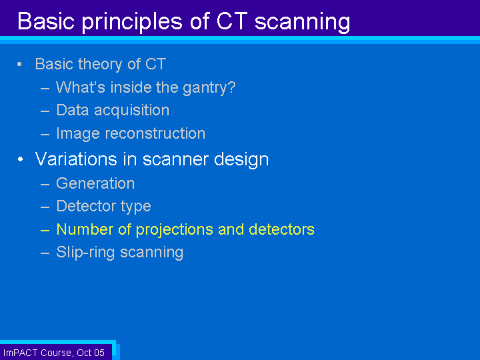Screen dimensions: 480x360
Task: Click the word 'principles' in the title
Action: click(x=132, y=23)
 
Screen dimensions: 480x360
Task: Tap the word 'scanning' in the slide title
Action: click(x=303, y=23)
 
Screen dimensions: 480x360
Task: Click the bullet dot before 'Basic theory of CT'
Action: click(x=19, y=64)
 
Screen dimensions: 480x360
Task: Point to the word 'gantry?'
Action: click(x=209, y=88)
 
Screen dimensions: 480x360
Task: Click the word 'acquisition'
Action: click(x=131, y=111)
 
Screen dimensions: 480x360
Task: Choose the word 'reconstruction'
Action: click(x=155, y=133)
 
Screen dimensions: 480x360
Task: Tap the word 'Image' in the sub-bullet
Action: click(x=78, y=134)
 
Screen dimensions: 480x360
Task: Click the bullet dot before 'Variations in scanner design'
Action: click(x=20, y=159)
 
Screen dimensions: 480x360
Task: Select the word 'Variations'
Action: click(x=76, y=159)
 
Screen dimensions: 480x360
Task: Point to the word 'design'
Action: click(x=241, y=160)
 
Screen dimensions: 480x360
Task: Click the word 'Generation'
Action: click(x=95, y=183)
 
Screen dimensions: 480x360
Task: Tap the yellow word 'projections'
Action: click(x=175, y=229)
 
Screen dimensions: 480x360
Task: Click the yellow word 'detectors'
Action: click(x=281, y=229)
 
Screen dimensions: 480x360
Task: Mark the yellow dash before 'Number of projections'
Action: click(x=45, y=230)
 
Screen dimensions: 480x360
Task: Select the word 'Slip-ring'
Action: click(x=85, y=253)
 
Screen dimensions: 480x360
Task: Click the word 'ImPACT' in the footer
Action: click(x=20, y=353)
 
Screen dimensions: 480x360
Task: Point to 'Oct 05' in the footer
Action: click(x=91, y=353)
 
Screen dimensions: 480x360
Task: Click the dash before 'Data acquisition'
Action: click(x=45, y=111)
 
